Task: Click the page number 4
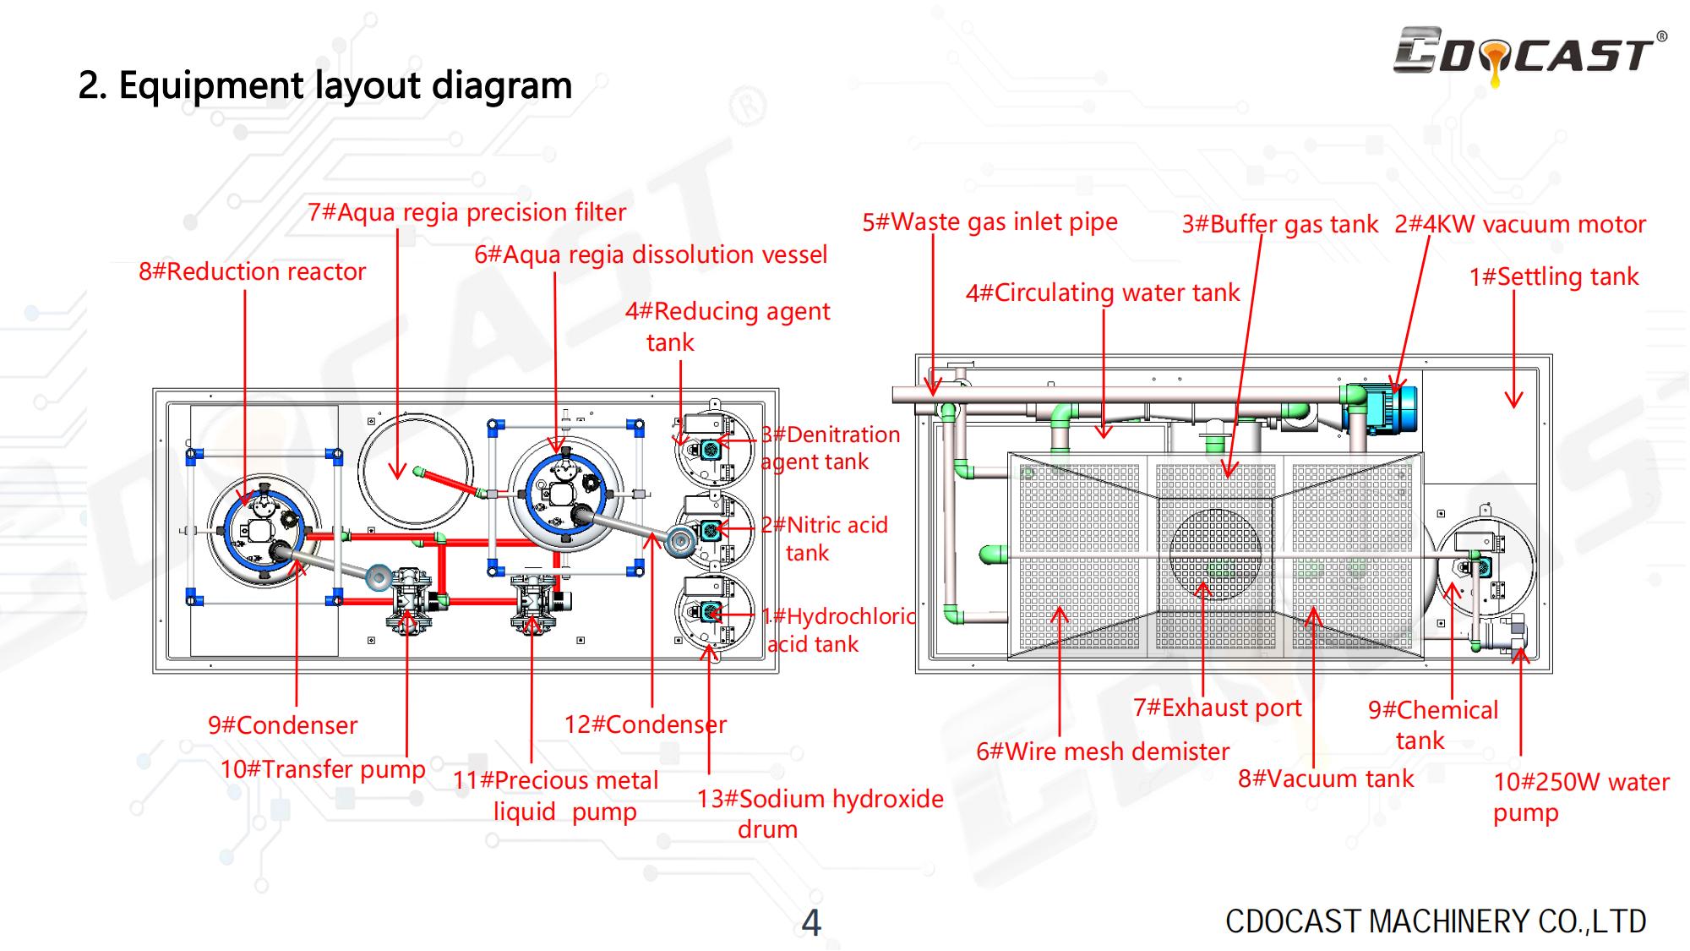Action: coord(810,923)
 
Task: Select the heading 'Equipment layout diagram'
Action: coord(325,85)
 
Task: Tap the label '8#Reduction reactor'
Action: coord(252,272)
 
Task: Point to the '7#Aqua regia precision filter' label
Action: coord(466,212)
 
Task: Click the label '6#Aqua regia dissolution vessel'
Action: coord(651,254)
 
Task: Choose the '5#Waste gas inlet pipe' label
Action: coord(989,222)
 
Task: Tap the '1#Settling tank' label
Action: coord(1553,277)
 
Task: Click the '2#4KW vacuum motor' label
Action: coord(1519,225)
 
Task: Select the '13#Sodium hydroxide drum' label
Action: coord(819,813)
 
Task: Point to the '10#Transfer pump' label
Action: coord(323,769)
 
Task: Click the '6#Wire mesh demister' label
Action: coord(1103,752)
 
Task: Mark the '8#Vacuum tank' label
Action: coord(1325,779)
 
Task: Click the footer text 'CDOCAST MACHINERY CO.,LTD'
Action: coord(1435,921)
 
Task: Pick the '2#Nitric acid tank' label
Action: coord(824,538)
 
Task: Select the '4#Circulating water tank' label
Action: coord(1102,293)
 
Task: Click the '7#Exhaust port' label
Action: coord(1217,708)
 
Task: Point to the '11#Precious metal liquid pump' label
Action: coord(555,795)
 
